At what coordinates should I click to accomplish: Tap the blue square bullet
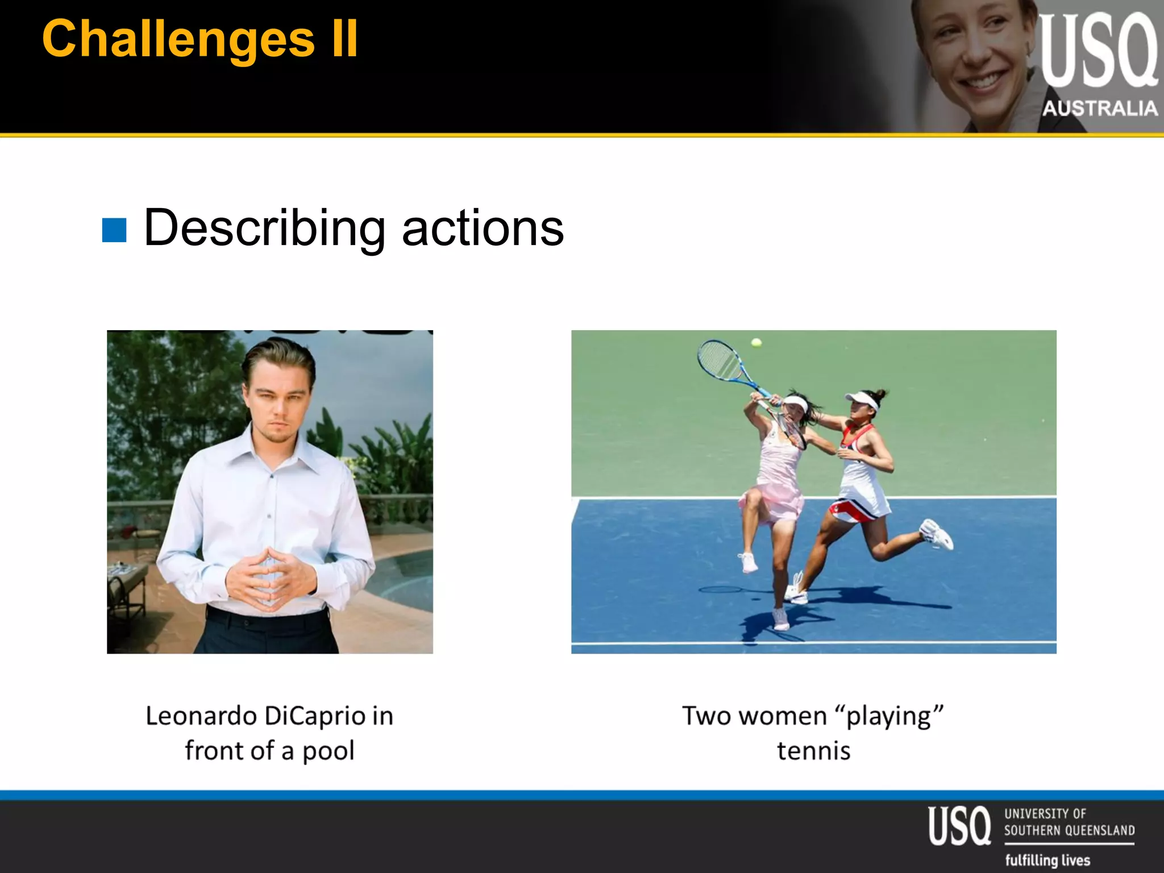pyautogui.click(x=114, y=230)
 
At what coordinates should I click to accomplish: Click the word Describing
pyautogui.click(x=265, y=229)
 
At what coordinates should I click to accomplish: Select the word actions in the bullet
pyautogui.click(x=483, y=229)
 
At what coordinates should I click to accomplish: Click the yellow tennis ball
pyautogui.click(x=756, y=342)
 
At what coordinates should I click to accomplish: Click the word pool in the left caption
pyautogui.click(x=329, y=751)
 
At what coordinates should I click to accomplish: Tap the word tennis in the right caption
pyautogui.click(x=813, y=751)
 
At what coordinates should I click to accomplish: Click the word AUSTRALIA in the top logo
pyautogui.click(x=1100, y=109)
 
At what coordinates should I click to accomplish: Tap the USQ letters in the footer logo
pyautogui.click(x=959, y=826)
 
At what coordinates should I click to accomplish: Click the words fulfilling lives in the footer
pyautogui.click(x=1047, y=860)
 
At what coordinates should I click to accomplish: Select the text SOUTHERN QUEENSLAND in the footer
pyautogui.click(x=1069, y=831)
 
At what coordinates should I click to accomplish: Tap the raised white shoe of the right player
pyautogui.click(x=937, y=534)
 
